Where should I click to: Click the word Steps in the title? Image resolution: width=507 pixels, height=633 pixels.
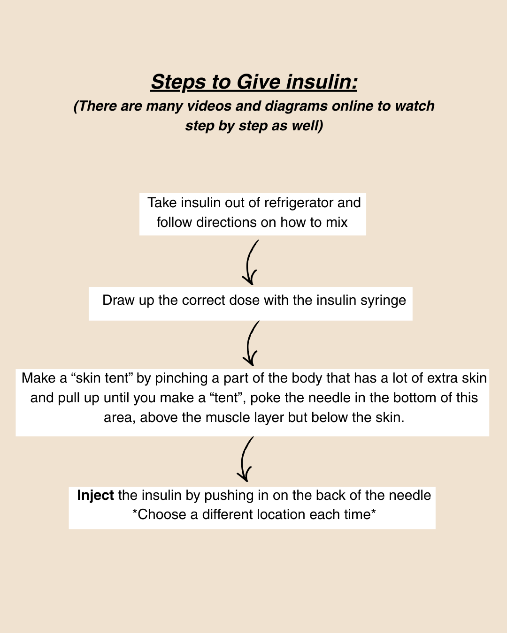[x=178, y=82]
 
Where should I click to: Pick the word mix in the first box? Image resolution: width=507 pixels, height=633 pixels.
[x=337, y=222]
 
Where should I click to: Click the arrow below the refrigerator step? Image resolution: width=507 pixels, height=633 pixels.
[x=251, y=263]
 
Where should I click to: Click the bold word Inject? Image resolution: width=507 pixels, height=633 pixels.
[x=95, y=495]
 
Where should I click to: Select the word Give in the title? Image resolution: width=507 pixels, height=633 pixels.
[x=259, y=82]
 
